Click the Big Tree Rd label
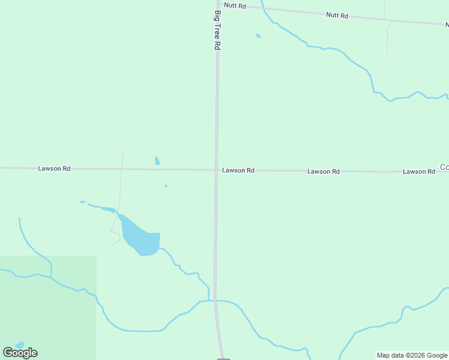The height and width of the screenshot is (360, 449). pos(218,29)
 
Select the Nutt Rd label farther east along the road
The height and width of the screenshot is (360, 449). pos(337,15)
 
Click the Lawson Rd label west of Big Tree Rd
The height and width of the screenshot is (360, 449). pos(54,169)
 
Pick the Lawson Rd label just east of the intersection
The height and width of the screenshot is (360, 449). pos(238,170)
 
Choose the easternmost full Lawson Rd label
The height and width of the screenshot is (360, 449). pos(419,172)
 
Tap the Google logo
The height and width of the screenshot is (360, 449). pos(20,353)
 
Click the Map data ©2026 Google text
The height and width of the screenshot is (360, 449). pos(412,355)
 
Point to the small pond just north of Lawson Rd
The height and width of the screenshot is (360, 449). pos(157,160)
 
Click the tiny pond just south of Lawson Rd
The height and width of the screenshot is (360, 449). pos(166,185)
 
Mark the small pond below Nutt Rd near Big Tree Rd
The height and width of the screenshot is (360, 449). pos(259,36)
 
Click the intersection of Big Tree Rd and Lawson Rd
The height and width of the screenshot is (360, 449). pos(217,170)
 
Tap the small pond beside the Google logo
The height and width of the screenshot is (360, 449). pos(20,345)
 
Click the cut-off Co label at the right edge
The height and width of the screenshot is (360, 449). pos(444,167)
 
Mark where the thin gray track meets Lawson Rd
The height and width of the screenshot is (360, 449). pos(122,169)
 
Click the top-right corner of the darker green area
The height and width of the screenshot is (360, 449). pos(96,256)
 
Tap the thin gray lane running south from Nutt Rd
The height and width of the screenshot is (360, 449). pos(388,36)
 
